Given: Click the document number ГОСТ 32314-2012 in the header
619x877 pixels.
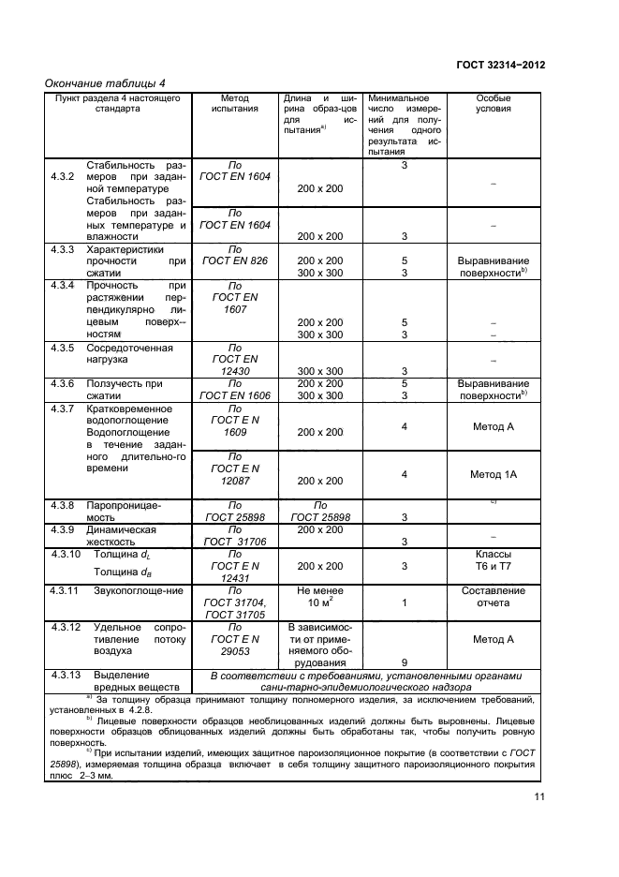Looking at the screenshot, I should pyautogui.click(x=500, y=66).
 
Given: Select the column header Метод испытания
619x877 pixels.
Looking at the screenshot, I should pyautogui.click(x=234, y=103).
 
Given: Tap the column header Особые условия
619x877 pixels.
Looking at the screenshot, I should pyautogui.click(x=494, y=103).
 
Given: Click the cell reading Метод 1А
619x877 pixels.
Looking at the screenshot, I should pyautogui.click(x=494, y=475).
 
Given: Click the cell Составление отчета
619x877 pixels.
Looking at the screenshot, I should pyautogui.click(x=494, y=597).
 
